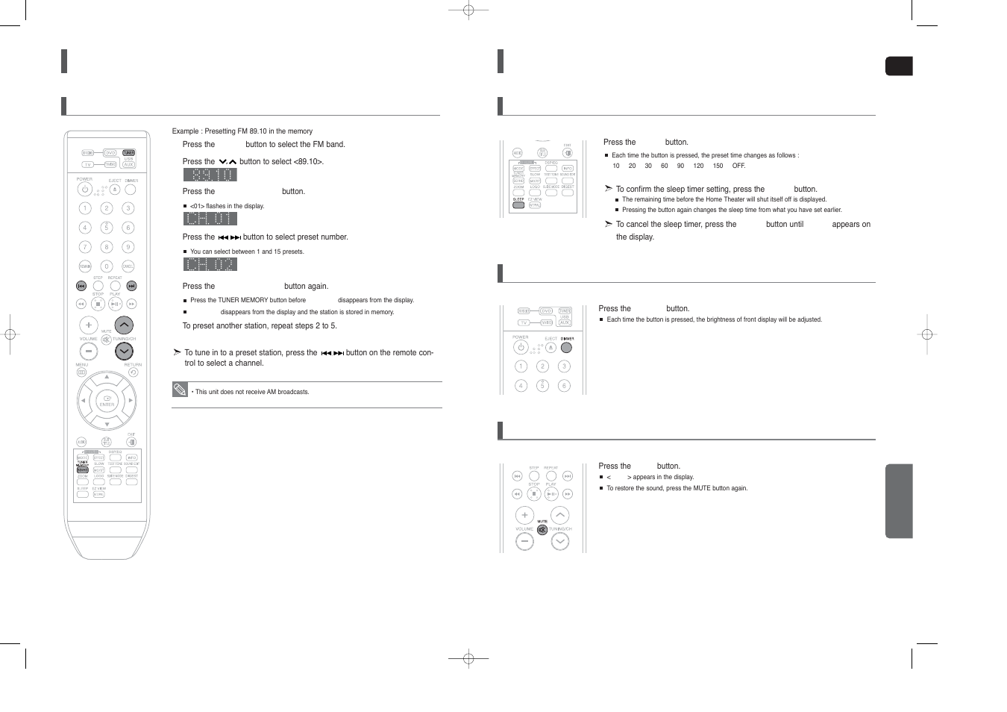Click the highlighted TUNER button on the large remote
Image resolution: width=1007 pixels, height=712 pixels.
[x=128, y=153]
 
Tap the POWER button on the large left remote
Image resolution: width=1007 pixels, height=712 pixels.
[x=85, y=190]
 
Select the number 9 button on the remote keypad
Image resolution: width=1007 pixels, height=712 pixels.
[x=128, y=247]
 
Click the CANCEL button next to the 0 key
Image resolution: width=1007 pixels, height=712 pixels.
[x=128, y=266]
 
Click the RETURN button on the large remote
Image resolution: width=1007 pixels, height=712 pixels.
[x=133, y=372]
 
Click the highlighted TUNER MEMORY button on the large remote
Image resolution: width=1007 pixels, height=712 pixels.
[x=82, y=470]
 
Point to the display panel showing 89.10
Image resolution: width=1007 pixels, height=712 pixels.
[x=210, y=175]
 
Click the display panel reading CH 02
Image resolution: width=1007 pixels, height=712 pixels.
[x=210, y=264]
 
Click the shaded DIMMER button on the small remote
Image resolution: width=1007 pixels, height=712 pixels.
[x=566, y=347]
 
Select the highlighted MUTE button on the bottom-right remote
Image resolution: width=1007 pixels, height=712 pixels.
[x=542, y=530]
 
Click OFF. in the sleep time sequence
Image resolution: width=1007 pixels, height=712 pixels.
[x=738, y=166]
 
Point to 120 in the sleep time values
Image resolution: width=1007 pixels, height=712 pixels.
[x=698, y=166]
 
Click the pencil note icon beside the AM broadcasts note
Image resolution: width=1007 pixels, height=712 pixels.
[x=180, y=390]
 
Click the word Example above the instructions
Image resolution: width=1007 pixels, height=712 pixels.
[x=185, y=131]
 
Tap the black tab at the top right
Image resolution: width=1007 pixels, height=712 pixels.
[x=899, y=66]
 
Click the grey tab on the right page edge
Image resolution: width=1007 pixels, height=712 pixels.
[x=899, y=501]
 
